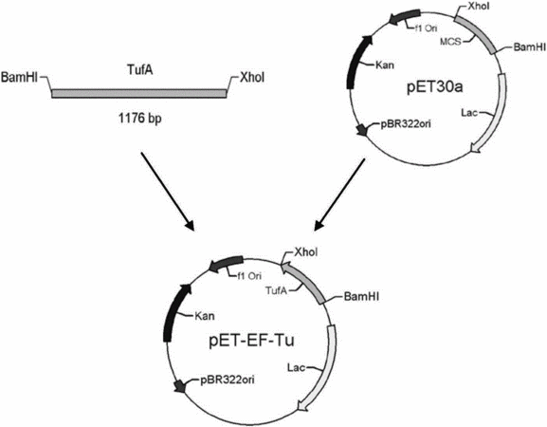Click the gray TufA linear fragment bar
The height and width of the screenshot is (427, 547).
point(138,93)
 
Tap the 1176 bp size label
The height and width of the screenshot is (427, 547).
point(140,119)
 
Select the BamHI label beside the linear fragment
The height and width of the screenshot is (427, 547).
point(20,77)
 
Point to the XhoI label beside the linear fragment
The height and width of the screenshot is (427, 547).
point(252,78)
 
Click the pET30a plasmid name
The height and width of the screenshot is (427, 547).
point(435,87)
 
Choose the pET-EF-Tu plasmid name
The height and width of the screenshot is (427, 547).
point(252,341)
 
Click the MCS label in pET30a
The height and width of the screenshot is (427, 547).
point(450,42)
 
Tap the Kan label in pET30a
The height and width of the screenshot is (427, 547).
point(385,65)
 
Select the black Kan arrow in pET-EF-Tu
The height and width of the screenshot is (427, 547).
point(173,312)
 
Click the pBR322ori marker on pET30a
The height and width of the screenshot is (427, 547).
point(362,130)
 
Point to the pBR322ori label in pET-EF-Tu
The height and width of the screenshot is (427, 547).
point(228,380)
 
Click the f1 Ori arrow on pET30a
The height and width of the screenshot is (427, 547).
point(404,17)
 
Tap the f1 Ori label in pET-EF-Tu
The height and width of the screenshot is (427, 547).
point(249,276)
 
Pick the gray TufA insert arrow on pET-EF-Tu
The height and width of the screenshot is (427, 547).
point(303,282)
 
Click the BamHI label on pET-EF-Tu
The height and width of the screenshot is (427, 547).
point(361,297)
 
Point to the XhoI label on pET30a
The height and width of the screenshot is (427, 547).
point(480,7)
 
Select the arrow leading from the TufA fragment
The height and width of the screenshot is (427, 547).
point(168,192)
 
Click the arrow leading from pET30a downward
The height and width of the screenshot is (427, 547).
point(339,195)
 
